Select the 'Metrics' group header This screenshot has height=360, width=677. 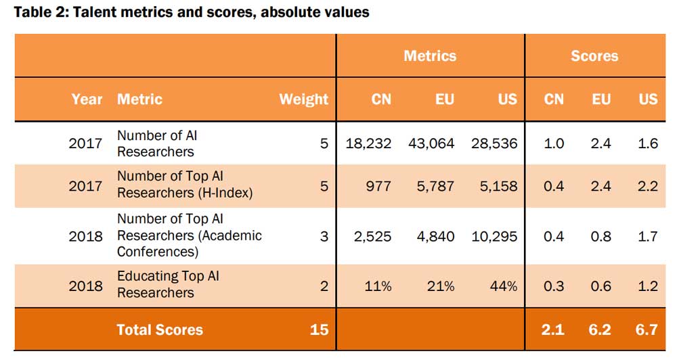tap(430, 56)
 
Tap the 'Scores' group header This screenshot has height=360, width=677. tap(594, 56)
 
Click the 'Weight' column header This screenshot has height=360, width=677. tap(303, 99)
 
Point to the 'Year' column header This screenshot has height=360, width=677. tap(87, 99)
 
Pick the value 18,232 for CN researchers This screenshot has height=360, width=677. tap(368, 143)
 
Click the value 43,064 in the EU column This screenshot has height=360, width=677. tap(431, 143)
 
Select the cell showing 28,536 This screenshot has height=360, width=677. tap(494, 143)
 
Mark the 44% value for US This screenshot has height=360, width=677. tap(504, 286)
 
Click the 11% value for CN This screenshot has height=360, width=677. tap(378, 286)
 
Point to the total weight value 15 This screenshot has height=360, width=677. tap(319, 330)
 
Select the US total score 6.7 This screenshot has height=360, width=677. tap(647, 330)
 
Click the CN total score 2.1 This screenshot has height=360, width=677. tap(554, 330)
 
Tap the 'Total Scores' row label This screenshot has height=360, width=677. tap(160, 330)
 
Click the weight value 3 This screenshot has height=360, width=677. tap(324, 236)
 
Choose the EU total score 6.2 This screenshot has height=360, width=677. tap(600, 330)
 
